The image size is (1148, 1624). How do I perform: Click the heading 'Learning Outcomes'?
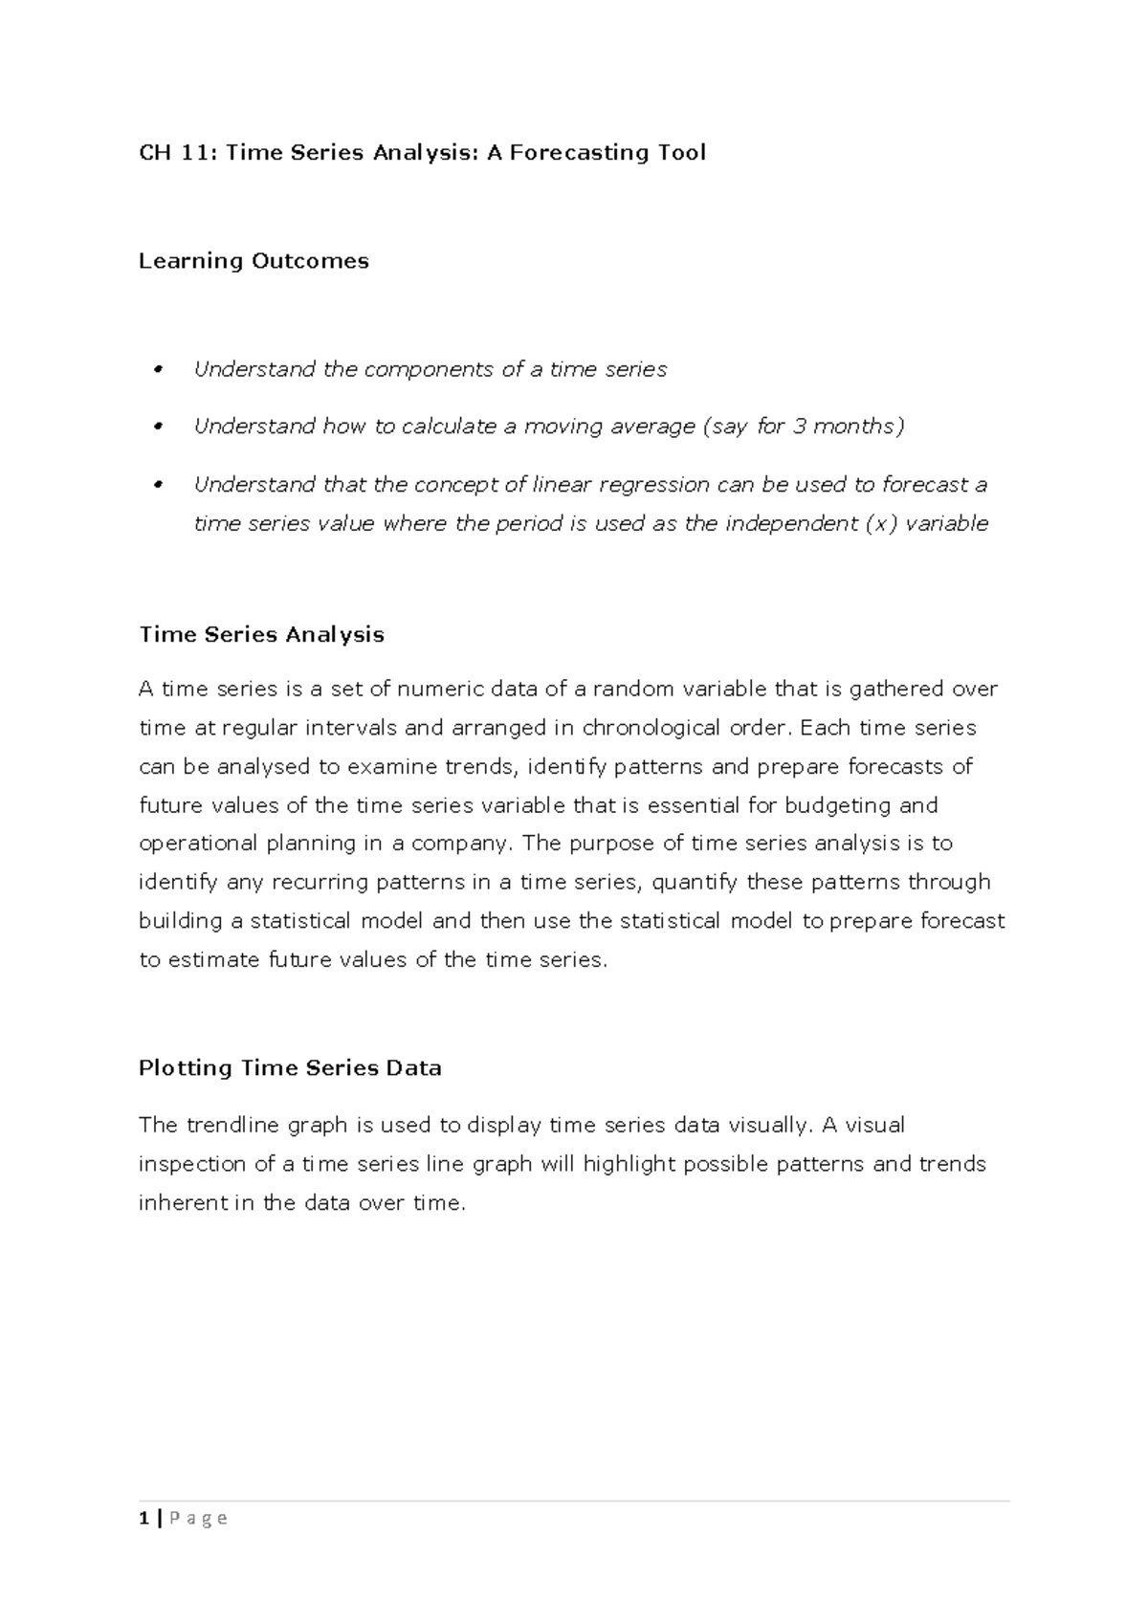point(254,261)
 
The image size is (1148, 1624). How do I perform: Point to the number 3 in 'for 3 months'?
point(799,427)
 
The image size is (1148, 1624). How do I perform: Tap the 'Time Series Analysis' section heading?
point(261,635)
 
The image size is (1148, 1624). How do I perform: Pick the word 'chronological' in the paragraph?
point(652,728)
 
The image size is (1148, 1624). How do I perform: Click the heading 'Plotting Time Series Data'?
point(290,1068)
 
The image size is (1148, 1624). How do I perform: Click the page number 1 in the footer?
point(143,1518)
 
